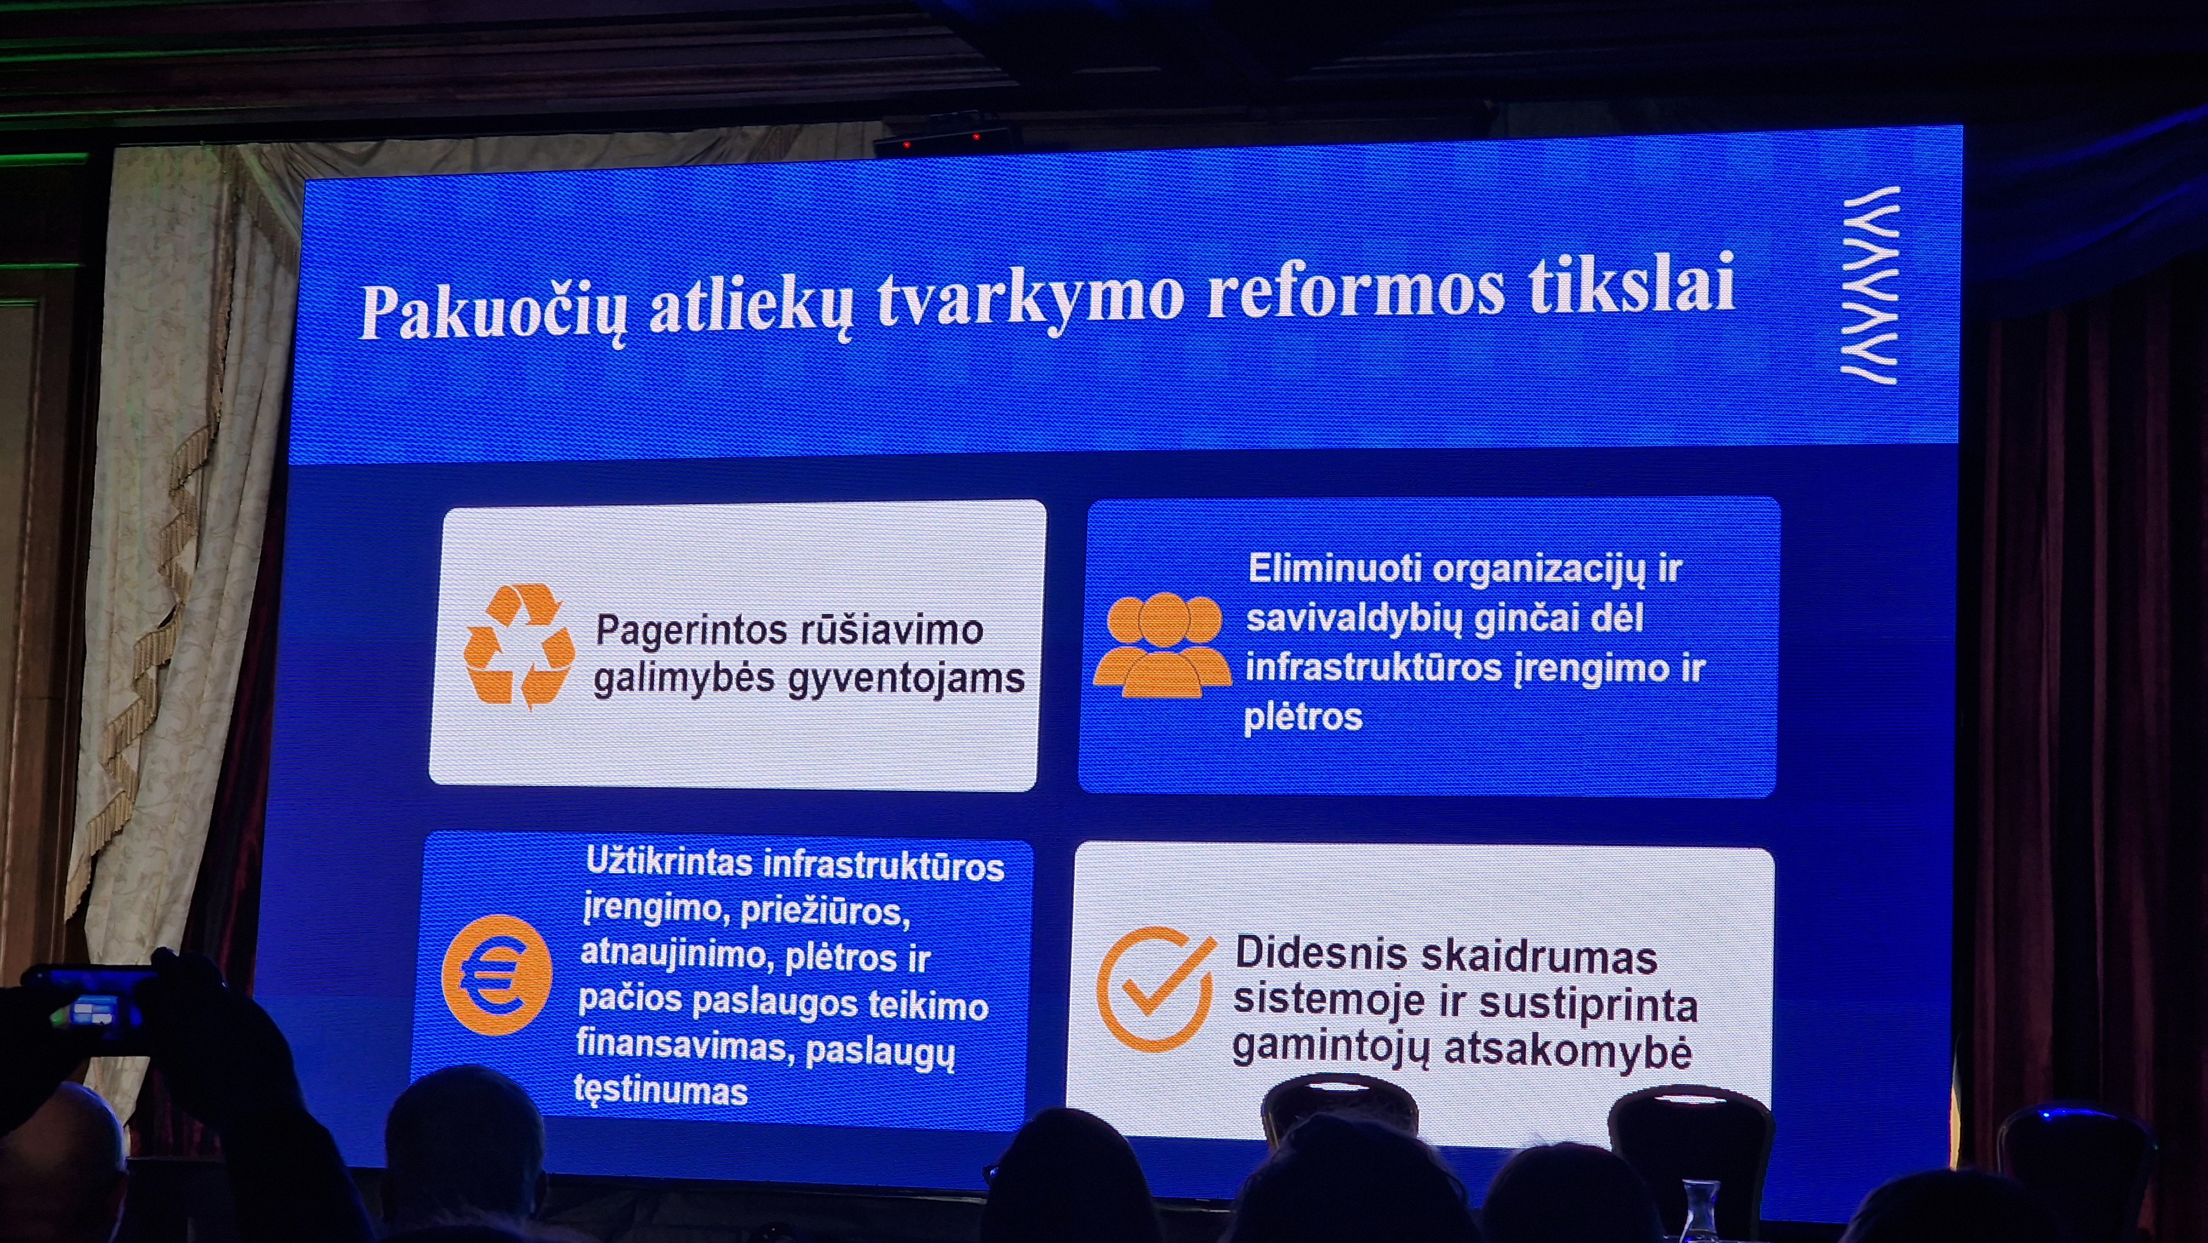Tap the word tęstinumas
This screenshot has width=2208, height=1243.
pyautogui.click(x=661, y=1091)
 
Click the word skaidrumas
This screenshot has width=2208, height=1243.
pyautogui.click(x=1540, y=957)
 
